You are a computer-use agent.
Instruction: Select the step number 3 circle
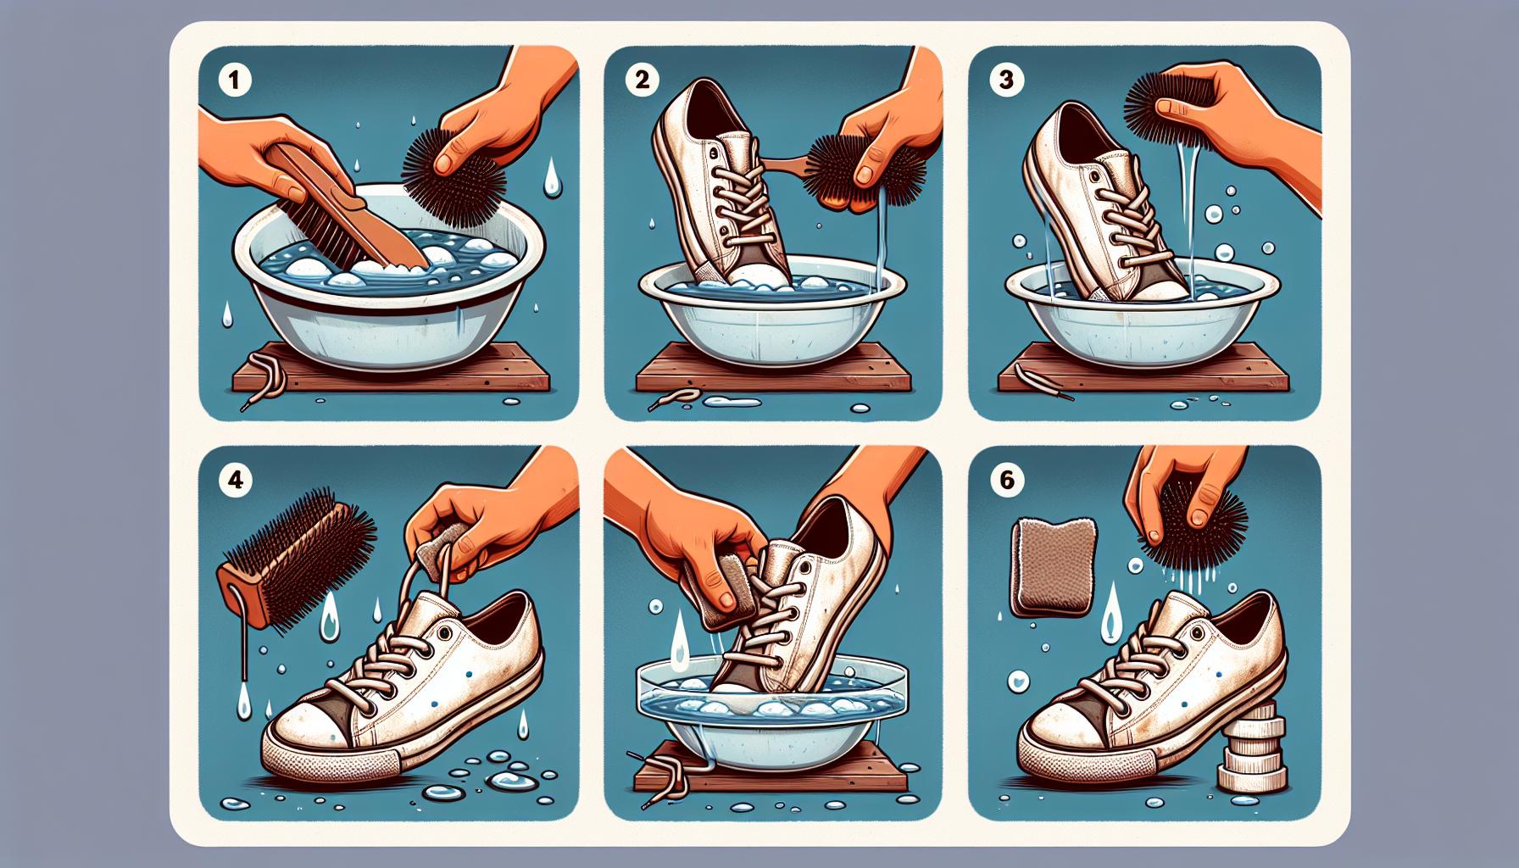1006,81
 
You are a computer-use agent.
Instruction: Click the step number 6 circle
1006,480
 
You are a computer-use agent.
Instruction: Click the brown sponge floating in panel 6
1052,563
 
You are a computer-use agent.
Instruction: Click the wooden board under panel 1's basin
398,373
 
